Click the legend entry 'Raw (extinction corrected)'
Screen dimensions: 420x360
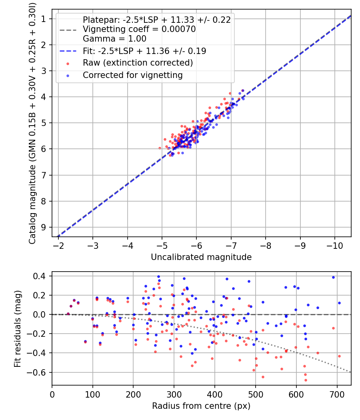[138, 63]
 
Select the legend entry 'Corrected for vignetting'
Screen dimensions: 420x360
[132, 75]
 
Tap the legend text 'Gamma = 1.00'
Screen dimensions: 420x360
[114, 39]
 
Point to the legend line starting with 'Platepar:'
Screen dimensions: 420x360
[156, 20]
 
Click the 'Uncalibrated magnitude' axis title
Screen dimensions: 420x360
[201, 257]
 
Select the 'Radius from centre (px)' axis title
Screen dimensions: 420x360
[201, 406]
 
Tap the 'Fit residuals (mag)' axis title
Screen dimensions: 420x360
[17, 329]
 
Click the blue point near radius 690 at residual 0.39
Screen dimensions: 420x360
[333, 277]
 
